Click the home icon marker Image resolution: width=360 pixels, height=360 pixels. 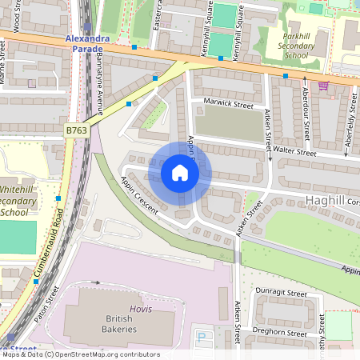coord(180,173)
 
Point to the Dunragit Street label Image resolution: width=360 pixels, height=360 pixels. coord(281,294)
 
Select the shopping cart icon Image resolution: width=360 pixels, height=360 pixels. coord(323,85)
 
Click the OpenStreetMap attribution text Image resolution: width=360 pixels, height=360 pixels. coord(80,354)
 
